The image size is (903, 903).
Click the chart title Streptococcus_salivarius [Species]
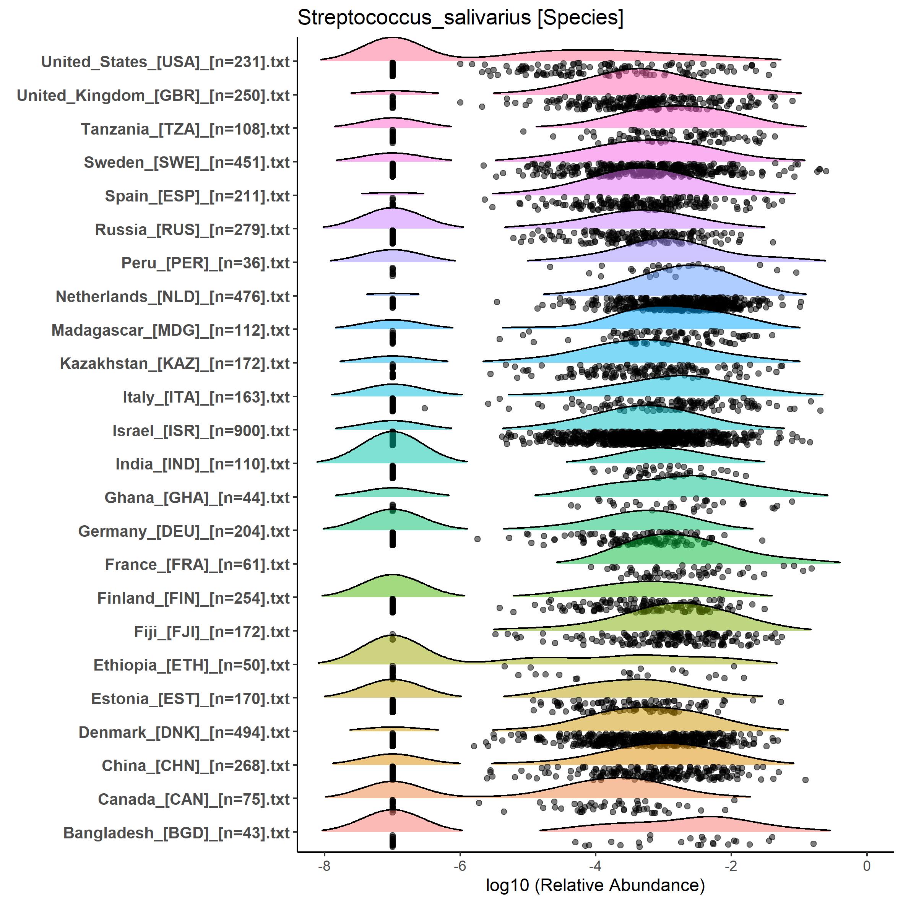click(460, 18)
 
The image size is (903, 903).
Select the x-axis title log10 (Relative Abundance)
click(595, 885)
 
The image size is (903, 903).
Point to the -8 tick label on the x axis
click(324, 866)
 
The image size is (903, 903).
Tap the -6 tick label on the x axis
click(460, 866)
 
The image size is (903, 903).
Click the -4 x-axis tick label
click(595, 866)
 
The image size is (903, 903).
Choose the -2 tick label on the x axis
click(731, 866)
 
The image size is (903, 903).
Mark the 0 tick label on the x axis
click(867, 866)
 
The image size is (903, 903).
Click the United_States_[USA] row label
click(166, 62)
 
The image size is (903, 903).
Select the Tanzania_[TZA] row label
click(185, 129)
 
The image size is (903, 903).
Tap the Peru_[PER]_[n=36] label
click(206, 263)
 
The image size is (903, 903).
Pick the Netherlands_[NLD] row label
click(172, 297)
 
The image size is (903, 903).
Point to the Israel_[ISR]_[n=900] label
click(201, 431)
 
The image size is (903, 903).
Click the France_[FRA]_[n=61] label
click(197, 565)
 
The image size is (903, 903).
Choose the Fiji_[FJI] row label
click(212, 632)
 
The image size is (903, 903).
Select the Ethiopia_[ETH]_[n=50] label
click(192, 666)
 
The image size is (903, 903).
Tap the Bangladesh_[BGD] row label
click(176, 833)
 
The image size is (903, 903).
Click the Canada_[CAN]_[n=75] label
click(194, 800)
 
